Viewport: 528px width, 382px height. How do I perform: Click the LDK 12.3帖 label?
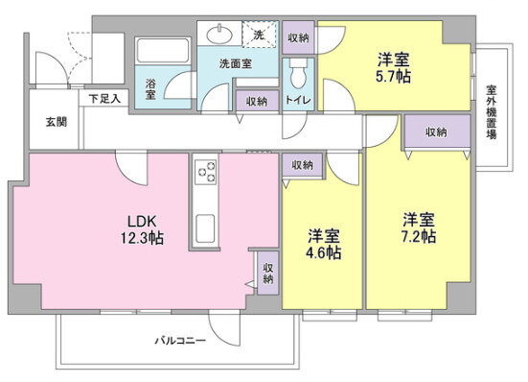142,229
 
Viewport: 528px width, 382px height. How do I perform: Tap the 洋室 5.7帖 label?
393,68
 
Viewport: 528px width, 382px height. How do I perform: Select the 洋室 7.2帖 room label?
419,227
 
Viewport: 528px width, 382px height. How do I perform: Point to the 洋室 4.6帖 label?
324,245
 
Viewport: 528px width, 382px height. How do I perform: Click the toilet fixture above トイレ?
298,73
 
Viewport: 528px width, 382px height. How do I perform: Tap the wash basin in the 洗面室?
219,34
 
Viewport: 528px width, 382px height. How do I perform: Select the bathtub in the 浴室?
163,51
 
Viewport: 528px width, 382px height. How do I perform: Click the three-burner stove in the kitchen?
206,172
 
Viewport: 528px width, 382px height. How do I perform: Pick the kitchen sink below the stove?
205,228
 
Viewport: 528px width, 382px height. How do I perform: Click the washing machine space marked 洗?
259,34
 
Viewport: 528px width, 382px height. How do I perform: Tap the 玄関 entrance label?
57,122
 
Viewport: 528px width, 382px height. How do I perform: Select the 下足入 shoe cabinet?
104,99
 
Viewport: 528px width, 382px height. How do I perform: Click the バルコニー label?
180,340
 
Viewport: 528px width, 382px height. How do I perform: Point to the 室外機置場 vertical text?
492,112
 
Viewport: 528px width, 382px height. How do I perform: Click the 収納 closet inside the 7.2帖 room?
437,131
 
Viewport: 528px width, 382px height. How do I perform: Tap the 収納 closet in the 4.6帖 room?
303,164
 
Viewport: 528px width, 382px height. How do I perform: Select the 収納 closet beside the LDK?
268,273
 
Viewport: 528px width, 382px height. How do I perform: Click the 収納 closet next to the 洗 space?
298,37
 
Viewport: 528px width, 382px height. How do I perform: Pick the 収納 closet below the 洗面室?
257,101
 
